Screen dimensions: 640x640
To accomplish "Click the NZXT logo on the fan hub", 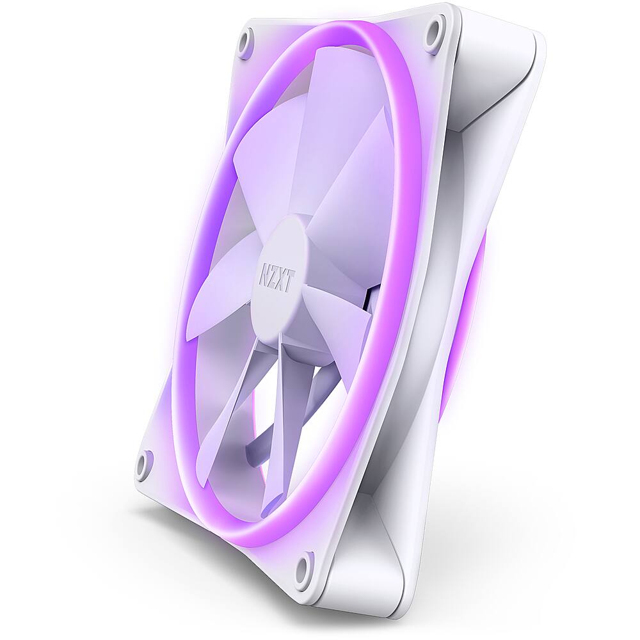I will point(275,276).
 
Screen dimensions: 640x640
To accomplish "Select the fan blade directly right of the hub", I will point(358,211).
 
